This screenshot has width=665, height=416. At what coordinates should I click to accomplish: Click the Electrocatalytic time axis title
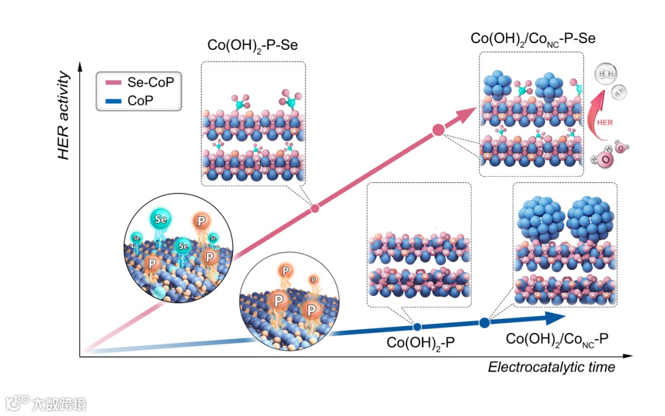click(551, 367)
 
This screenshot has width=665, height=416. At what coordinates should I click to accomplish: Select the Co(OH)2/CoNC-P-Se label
click(532, 39)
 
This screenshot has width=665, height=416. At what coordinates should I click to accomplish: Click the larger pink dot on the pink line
click(438, 129)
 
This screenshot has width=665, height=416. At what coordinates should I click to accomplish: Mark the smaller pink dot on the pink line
click(315, 208)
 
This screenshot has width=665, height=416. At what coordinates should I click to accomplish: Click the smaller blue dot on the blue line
click(417, 326)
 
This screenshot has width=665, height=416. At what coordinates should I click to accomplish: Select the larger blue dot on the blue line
click(485, 322)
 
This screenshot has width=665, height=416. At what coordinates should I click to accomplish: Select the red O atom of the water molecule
click(607, 160)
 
